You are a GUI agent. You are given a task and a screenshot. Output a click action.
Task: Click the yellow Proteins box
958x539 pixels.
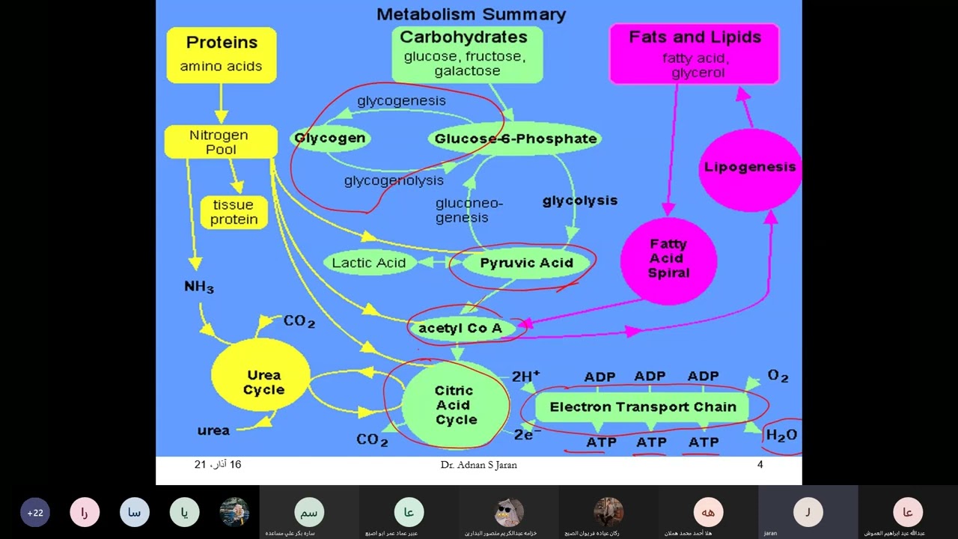221,55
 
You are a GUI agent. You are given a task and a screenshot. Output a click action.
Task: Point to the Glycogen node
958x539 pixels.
330,138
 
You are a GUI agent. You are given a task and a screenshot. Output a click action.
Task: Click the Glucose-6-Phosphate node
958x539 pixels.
516,138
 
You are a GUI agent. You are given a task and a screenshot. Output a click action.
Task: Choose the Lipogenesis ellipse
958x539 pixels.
750,168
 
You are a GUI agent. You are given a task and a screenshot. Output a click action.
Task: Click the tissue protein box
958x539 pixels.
234,213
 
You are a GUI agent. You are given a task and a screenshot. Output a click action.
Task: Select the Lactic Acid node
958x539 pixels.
369,263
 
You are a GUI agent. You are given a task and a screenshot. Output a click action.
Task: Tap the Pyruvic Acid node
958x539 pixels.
526,263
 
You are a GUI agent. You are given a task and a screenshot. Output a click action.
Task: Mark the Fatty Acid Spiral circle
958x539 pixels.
668,259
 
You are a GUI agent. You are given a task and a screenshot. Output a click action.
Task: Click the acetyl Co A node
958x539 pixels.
460,329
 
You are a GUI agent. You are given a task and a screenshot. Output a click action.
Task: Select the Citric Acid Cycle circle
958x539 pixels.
454,405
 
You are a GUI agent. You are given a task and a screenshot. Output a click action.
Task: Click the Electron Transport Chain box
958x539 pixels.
643,407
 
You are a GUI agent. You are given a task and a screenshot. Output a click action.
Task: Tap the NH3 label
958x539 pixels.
199,287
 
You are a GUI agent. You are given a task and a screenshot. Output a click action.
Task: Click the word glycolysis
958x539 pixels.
580,201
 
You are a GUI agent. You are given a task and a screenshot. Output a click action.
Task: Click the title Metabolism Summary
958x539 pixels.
471,14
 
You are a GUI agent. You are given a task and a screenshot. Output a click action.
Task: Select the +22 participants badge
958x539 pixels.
35,513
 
